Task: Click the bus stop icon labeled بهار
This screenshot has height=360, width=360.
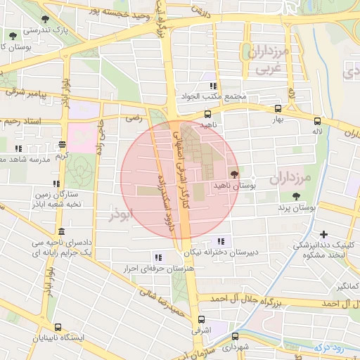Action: [x=278, y=109]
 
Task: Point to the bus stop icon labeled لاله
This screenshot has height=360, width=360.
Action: [x=318, y=121]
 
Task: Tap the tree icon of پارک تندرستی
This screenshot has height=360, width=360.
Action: [x=11, y=35]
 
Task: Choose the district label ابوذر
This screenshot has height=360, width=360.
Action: [x=121, y=214]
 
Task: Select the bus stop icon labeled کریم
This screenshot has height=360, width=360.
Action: [x=62, y=145]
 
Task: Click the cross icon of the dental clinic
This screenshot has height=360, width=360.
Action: [x=323, y=234]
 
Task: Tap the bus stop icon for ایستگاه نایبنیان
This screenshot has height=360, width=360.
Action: [x=57, y=327]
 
